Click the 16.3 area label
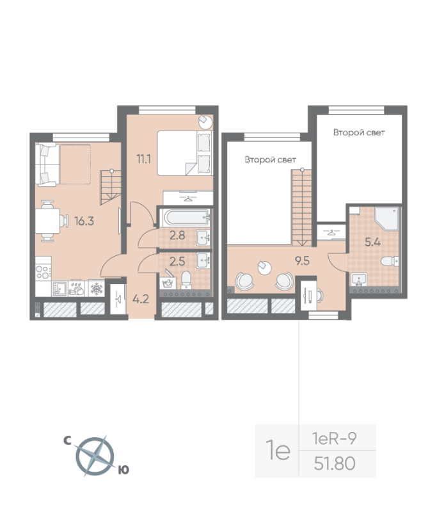[x=84, y=221]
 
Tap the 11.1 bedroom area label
[x=143, y=159]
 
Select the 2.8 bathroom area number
[x=177, y=235]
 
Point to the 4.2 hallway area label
[x=141, y=299]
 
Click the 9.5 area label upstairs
[x=302, y=260]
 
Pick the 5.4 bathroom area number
[x=373, y=242]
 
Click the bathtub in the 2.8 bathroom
[x=186, y=218]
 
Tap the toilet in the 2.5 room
[x=186, y=280]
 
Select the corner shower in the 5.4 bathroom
[x=386, y=218]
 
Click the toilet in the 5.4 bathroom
[x=390, y=261]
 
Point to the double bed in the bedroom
[x=185, y=153]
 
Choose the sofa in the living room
[x=48, y=165]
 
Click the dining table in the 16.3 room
[x=47, y=221]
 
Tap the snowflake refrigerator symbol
[x=97, y=289]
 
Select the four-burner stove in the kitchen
[x=44, y=273]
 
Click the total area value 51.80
[x=335, y=463]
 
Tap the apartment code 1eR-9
[x=334, y=438]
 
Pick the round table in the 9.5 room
[x=265, y=268]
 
